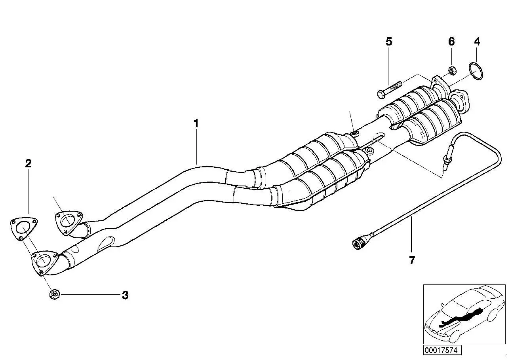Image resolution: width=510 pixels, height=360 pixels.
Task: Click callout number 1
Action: [196, 123]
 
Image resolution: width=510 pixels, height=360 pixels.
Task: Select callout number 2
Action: [28, 163]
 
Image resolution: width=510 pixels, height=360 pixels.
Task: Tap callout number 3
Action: [125, 295]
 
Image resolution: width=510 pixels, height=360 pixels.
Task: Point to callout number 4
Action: [477, 42]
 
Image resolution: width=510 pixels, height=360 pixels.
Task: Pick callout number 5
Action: [389, 42]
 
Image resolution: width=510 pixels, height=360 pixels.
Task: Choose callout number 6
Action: [451, 42]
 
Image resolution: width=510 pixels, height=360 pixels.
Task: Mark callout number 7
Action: [412, 260]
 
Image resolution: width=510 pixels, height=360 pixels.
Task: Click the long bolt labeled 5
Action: [390, 91]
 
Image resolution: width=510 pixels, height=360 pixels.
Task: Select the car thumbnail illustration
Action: [464, 314]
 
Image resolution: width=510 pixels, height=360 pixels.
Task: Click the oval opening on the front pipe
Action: [106, 244]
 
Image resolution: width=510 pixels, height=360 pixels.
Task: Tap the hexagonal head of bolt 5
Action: [381, 94]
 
